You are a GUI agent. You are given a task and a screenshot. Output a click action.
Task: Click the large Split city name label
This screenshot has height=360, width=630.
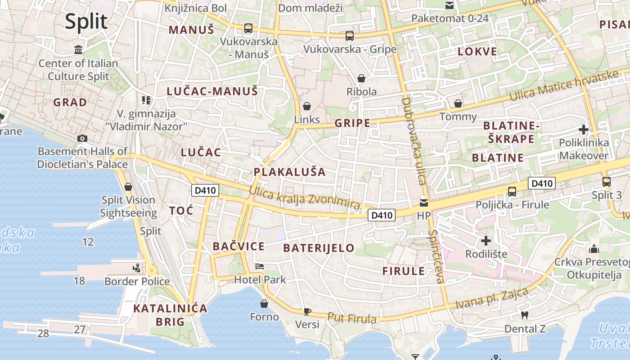[x=86, y=21]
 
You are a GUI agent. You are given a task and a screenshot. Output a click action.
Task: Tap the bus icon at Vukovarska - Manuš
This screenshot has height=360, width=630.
[x=248, y=28]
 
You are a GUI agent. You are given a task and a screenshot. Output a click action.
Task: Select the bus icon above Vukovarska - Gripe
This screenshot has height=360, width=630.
[x=349, y=36]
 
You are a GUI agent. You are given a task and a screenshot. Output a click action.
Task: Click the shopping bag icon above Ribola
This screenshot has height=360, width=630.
[x=361, y=78]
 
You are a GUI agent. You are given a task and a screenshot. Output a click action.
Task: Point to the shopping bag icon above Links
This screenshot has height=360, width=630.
[x=306, y=106]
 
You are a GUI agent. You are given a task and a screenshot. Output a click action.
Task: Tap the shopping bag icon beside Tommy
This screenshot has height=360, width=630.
[x=458, y=103]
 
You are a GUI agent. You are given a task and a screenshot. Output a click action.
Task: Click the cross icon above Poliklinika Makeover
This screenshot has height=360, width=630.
[x=584, y=130]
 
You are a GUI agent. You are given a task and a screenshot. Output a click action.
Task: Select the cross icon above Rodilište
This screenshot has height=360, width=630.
[x=486, y=241]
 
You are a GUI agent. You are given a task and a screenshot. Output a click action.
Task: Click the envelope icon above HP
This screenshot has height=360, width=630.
[x=424, y=203]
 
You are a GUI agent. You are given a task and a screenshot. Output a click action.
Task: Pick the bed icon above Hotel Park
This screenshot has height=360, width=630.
[x=260, y=266]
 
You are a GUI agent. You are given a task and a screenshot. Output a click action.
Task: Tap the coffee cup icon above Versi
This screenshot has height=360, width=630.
[x=307, y=311]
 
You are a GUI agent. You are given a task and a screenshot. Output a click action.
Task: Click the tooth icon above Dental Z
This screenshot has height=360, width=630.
[x=524, y=315]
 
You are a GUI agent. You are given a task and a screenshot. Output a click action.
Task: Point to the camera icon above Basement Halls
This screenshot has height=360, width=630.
[x=82, y=138]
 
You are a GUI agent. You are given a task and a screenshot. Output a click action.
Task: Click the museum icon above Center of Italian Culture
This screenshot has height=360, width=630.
[x=78, y=49]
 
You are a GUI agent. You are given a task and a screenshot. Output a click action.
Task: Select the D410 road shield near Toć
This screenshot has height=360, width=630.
[x=205, y=190]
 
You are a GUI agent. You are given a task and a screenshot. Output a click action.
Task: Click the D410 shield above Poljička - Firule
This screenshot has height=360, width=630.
[x=542, y=183]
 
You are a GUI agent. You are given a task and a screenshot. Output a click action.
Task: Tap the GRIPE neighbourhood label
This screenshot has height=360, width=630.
[x=352, y=123]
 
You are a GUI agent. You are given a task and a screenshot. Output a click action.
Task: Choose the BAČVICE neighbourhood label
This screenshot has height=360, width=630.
[x=238, y=246]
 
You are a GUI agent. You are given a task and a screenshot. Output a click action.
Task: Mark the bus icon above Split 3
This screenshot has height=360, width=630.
[x=606, y=182]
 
